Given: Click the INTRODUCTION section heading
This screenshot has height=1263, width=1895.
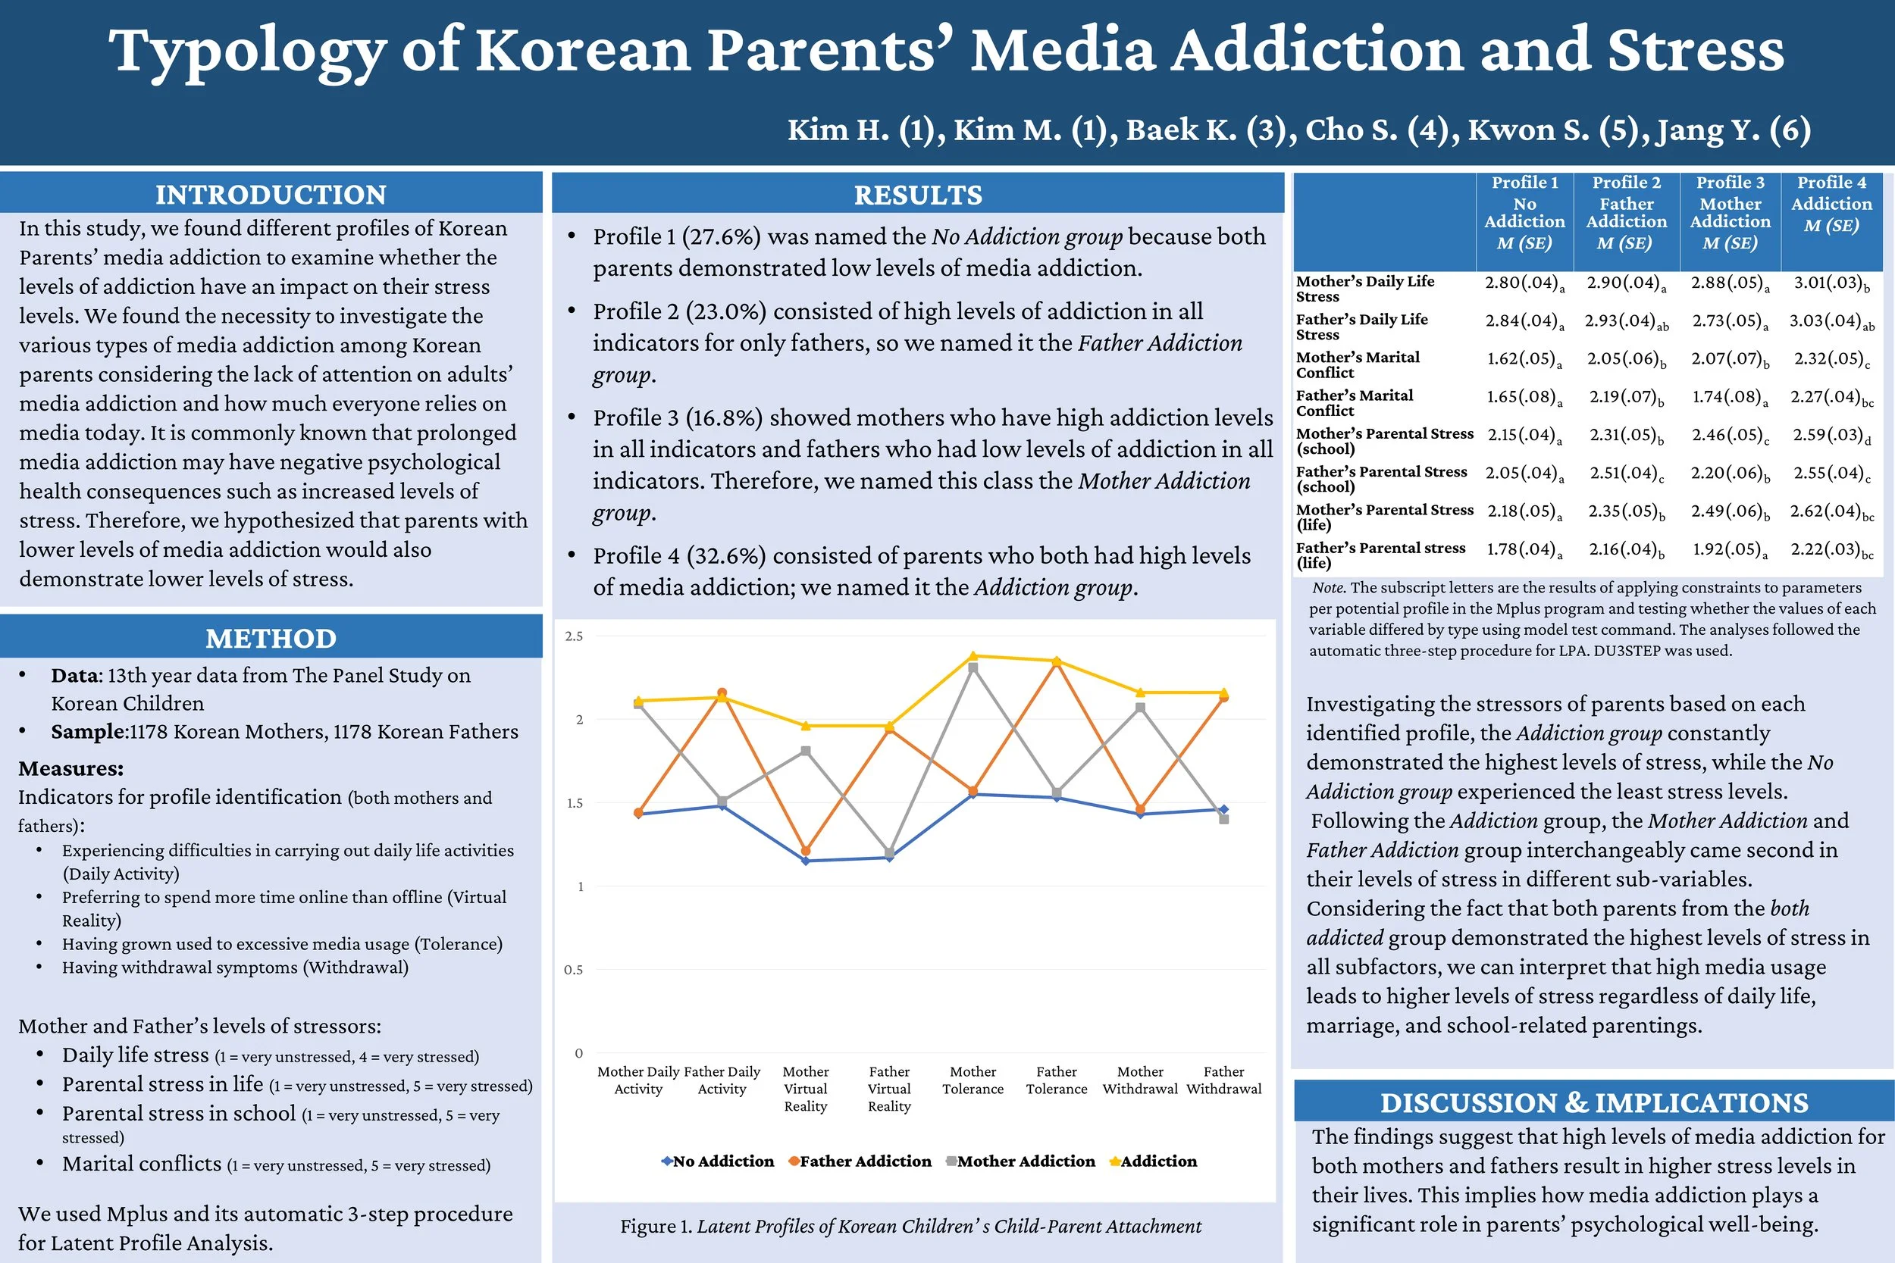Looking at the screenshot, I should click(271, 195).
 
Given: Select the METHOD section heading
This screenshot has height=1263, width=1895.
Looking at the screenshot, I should click(271, 638).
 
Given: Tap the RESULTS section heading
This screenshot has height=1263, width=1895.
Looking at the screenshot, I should click(918, 195).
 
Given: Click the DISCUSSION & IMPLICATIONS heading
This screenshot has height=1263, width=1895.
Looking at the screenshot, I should click(1593, 1102).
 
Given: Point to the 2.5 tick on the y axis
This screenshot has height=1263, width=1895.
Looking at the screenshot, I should click(574, 636).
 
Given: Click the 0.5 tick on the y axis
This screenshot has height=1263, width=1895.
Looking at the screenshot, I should click(573, 970).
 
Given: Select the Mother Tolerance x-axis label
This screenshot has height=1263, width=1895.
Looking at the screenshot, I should click(973, 1080).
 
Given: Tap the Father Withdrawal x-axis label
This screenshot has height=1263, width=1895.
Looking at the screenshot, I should click(1224, 1080).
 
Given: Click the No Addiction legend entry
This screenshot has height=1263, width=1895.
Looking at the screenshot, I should click(718, 1161).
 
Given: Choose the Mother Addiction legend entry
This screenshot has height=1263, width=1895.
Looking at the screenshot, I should click(1021, 1161).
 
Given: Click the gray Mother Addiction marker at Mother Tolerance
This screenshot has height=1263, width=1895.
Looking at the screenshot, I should click(973, 667).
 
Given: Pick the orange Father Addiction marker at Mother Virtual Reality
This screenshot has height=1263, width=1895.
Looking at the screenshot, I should click(806, 851).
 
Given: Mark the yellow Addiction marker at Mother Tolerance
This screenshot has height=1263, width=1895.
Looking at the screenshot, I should click(973, 656).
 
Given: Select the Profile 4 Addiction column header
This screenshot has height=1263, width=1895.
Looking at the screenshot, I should click(1831, 204).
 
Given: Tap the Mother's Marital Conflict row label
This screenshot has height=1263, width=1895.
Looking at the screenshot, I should click(1358, 364).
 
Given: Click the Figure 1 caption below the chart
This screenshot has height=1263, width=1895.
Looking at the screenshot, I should click(910, 1226).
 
